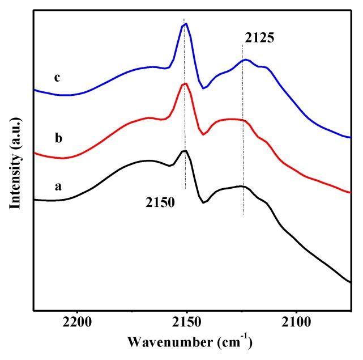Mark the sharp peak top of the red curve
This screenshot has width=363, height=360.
click(185, 84)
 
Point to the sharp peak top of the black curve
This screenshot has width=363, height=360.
click(185, 150)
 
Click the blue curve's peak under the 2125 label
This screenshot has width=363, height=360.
click(245, 60)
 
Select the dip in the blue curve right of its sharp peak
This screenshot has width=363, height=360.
click(204, 88)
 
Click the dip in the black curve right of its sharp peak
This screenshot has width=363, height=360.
click(203, 202)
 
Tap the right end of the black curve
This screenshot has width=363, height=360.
click(351, 283)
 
